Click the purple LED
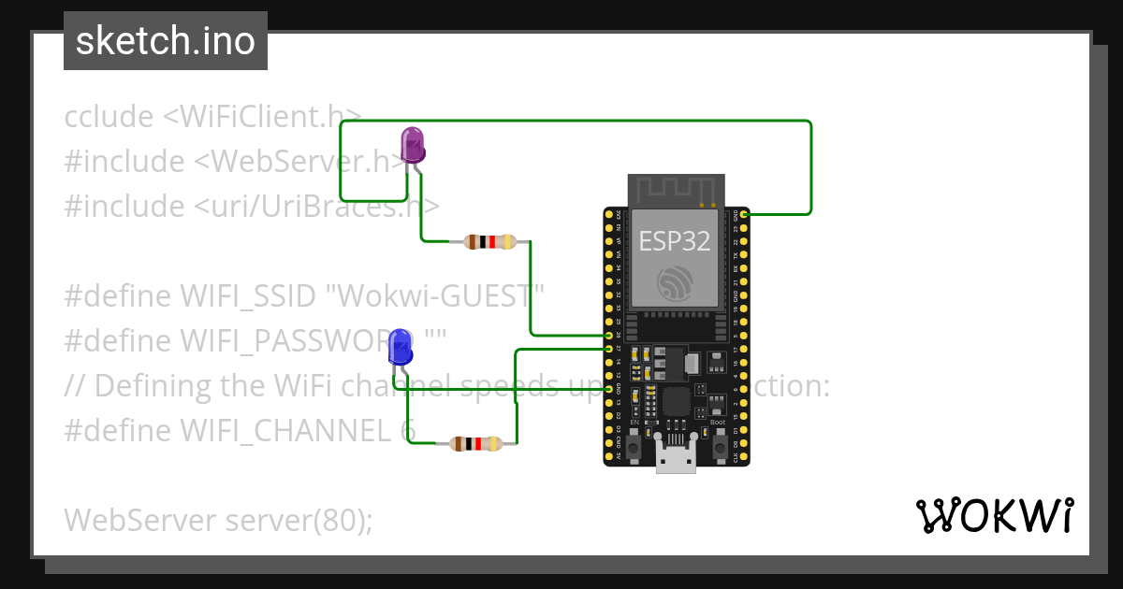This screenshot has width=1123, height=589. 413,146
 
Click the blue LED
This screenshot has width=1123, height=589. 401,347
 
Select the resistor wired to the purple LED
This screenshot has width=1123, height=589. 483,242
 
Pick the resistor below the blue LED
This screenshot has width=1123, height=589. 476,444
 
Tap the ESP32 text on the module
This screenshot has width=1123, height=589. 674,241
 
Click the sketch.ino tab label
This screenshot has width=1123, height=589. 166,41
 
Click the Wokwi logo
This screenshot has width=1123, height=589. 994,515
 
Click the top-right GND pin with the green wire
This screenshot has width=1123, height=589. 743,215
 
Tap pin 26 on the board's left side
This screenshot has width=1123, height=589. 609,335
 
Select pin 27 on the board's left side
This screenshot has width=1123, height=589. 609,349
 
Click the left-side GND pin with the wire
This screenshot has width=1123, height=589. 609,389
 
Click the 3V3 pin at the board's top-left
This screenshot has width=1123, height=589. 609,215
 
